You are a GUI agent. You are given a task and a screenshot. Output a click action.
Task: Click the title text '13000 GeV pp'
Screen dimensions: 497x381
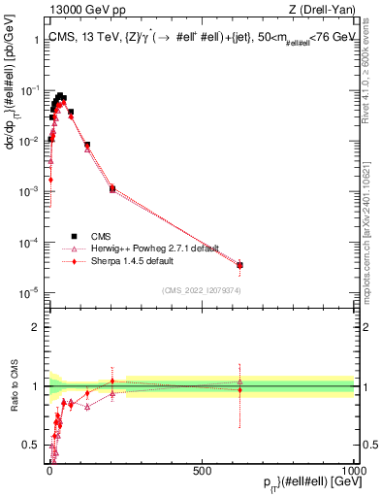pos(79,11)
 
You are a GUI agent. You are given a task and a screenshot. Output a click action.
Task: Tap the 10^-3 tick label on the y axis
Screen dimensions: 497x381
pos(30,191)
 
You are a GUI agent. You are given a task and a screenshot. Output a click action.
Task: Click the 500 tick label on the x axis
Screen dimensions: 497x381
pos(203,469)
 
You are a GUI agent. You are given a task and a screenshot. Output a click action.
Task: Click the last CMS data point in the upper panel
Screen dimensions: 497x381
pos(239,264)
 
